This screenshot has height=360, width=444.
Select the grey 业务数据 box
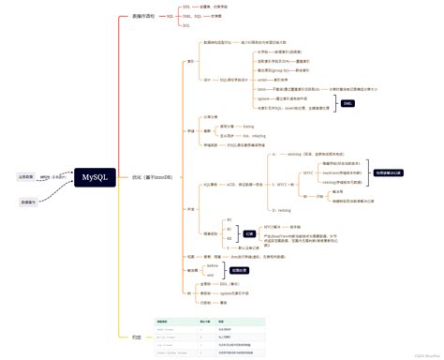pos(27,175)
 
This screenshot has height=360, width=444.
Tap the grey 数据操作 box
pos(29,202)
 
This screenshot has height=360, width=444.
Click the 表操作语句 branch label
pos(143,17)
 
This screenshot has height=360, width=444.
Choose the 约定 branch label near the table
pos(137,336)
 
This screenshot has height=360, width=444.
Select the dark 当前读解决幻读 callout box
pos(389,173)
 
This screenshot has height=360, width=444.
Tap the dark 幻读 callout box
pos(249,233)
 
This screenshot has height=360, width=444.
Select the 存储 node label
pos(191,132)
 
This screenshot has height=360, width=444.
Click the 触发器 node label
pos(192,270)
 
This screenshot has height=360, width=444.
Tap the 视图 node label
pos(191,255)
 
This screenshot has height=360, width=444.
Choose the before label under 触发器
pos(212,266)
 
